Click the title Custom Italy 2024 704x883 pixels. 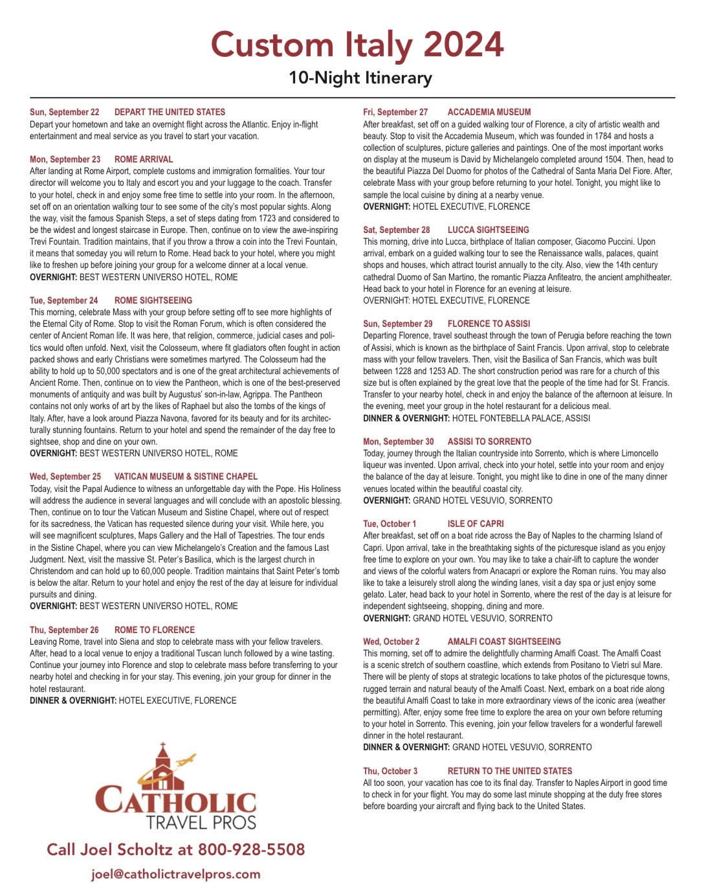point(357,44)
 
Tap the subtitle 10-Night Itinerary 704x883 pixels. point(360,78)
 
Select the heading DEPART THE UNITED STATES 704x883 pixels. point(170,112)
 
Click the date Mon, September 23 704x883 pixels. point(65,159)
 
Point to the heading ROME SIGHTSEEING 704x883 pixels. point(153,300)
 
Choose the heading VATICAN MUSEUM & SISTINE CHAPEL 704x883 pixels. point(186,476)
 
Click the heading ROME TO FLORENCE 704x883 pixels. point(154,630)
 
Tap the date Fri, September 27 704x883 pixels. point(395,112)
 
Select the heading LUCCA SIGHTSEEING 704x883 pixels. point(488,230)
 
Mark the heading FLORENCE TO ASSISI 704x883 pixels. point(489,324)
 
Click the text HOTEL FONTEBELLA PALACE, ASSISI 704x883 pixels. point(521,418)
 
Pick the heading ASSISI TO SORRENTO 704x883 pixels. point(489,441)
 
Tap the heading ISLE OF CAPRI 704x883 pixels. point(475,524)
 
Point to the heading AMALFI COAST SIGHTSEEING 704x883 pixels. point(504,642)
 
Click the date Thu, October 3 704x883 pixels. point(390,771)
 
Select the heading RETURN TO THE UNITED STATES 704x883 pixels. point(510,771)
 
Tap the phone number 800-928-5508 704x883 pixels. point(251,849)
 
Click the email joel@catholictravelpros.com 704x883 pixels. point(176,874)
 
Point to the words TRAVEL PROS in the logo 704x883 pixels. point(201,822)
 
